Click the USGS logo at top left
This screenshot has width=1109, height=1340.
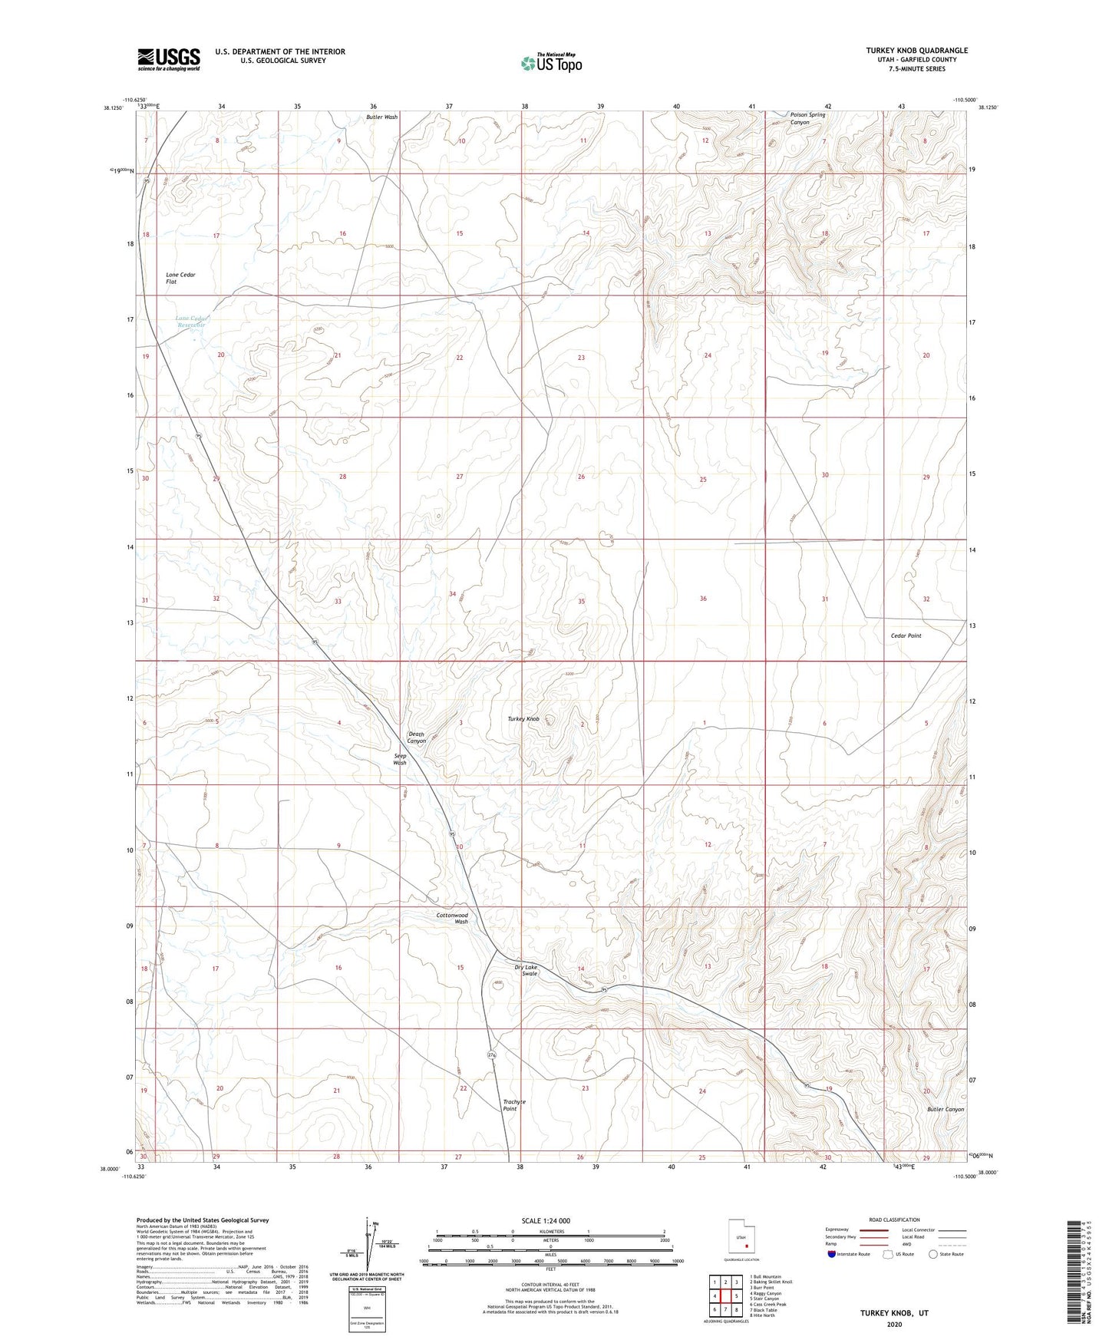[169, 58]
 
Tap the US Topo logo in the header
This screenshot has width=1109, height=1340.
[550, 63]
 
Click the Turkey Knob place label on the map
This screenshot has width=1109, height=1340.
[523, 719]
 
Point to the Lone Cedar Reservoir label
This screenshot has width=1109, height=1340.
[191, 322]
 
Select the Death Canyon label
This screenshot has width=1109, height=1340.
[417, 738]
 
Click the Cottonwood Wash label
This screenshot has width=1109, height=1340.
[452, 918]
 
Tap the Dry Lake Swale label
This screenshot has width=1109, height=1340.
[526, 970]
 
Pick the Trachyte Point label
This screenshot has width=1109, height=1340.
[514, 1105]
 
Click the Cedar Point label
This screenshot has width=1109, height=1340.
[906, 635]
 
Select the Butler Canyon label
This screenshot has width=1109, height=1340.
[945, 1109]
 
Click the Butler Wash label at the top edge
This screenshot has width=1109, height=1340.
[381, 117]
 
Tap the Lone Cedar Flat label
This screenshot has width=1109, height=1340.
[180, 278]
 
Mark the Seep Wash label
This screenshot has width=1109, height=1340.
[400, 759]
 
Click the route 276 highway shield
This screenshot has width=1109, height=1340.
[491, 1056]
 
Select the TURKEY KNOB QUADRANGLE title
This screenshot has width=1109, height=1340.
[916, 51]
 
